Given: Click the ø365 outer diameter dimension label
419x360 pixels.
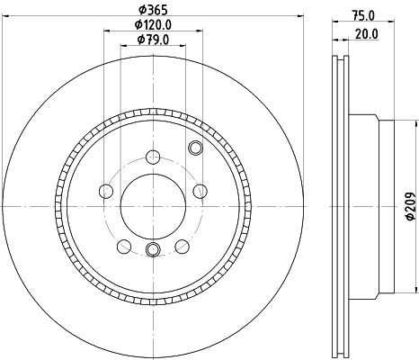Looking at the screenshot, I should (152, 11).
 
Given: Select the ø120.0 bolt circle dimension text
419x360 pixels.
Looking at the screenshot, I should (154, 25).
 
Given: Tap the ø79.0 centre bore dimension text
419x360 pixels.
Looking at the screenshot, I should (154, 40).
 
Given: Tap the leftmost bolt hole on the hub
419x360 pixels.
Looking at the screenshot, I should (105, 191).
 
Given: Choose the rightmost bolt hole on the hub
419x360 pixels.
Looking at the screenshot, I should (199, 191).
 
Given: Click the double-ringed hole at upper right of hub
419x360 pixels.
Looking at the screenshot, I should (195, 148).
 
